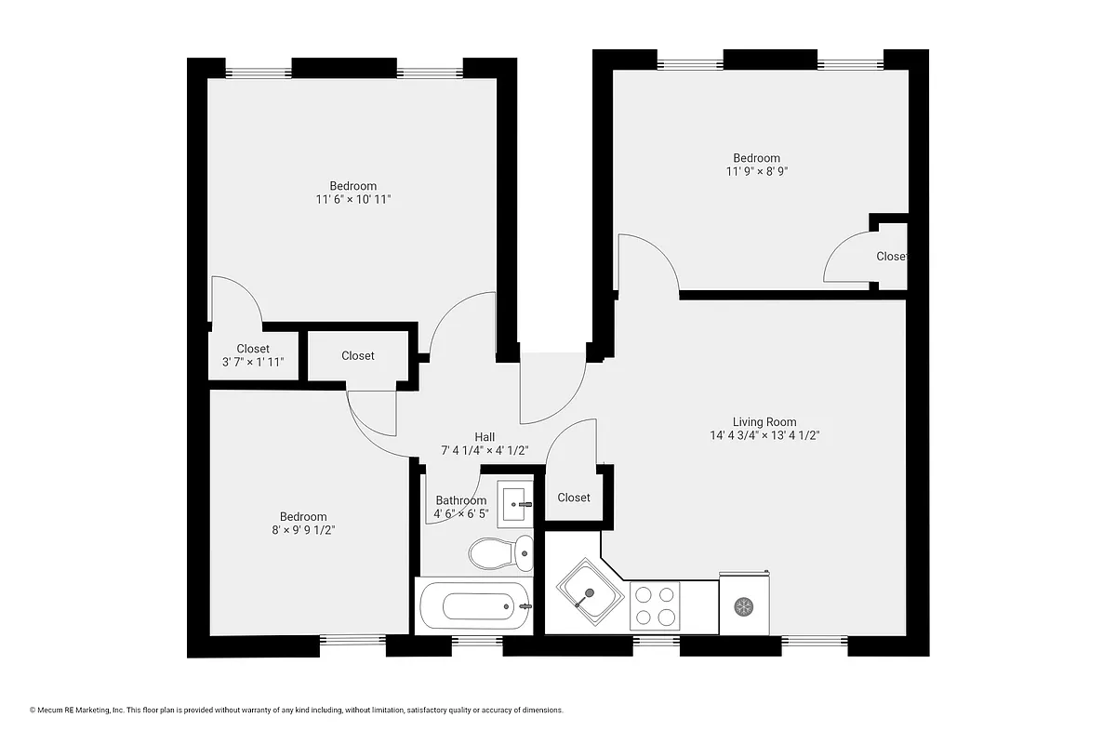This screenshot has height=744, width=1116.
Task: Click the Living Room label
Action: pyautogui.click(x=764, y=421)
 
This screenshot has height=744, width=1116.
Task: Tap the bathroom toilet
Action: pyautogui.click(x=500, y=553)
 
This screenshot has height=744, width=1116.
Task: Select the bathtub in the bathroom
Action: pyautogui.click(x=474, y=606)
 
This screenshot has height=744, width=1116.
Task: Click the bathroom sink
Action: pyautogui.click(x=514, y=503)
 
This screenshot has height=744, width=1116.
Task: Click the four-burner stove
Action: pyautogui.click(x=655, y=606)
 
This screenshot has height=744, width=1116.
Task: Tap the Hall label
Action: pyautogui.click(x=485, y=437)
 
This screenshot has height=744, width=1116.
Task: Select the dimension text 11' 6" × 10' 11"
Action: pyautogui.click(x=352, y=199)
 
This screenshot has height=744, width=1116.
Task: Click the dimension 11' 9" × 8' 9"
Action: pyautogui.click(x=757, y=171)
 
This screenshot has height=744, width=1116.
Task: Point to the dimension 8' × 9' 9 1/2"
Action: pyautogui.click(x=303, y=530)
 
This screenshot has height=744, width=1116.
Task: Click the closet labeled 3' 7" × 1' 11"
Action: pyautogui.click(x=253, y=355)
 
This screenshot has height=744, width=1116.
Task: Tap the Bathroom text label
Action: pyautogui.click(x=460, y=500)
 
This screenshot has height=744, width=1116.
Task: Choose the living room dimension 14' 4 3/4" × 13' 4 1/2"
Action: pyautogui.click(x=764, y=434)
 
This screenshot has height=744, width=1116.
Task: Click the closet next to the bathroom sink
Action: pyautogui.click(x=573, y=498)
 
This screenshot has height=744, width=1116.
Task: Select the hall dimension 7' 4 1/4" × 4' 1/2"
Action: pyautogui.click(x=485, y=450)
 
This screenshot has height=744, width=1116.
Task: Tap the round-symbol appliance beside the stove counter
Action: pyautogui.click(x=743, y=607)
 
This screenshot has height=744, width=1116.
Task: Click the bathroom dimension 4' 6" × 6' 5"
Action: pyautogui.click(x=460, y=513)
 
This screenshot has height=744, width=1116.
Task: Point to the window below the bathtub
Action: pyautogui.click(x=475, y=640)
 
